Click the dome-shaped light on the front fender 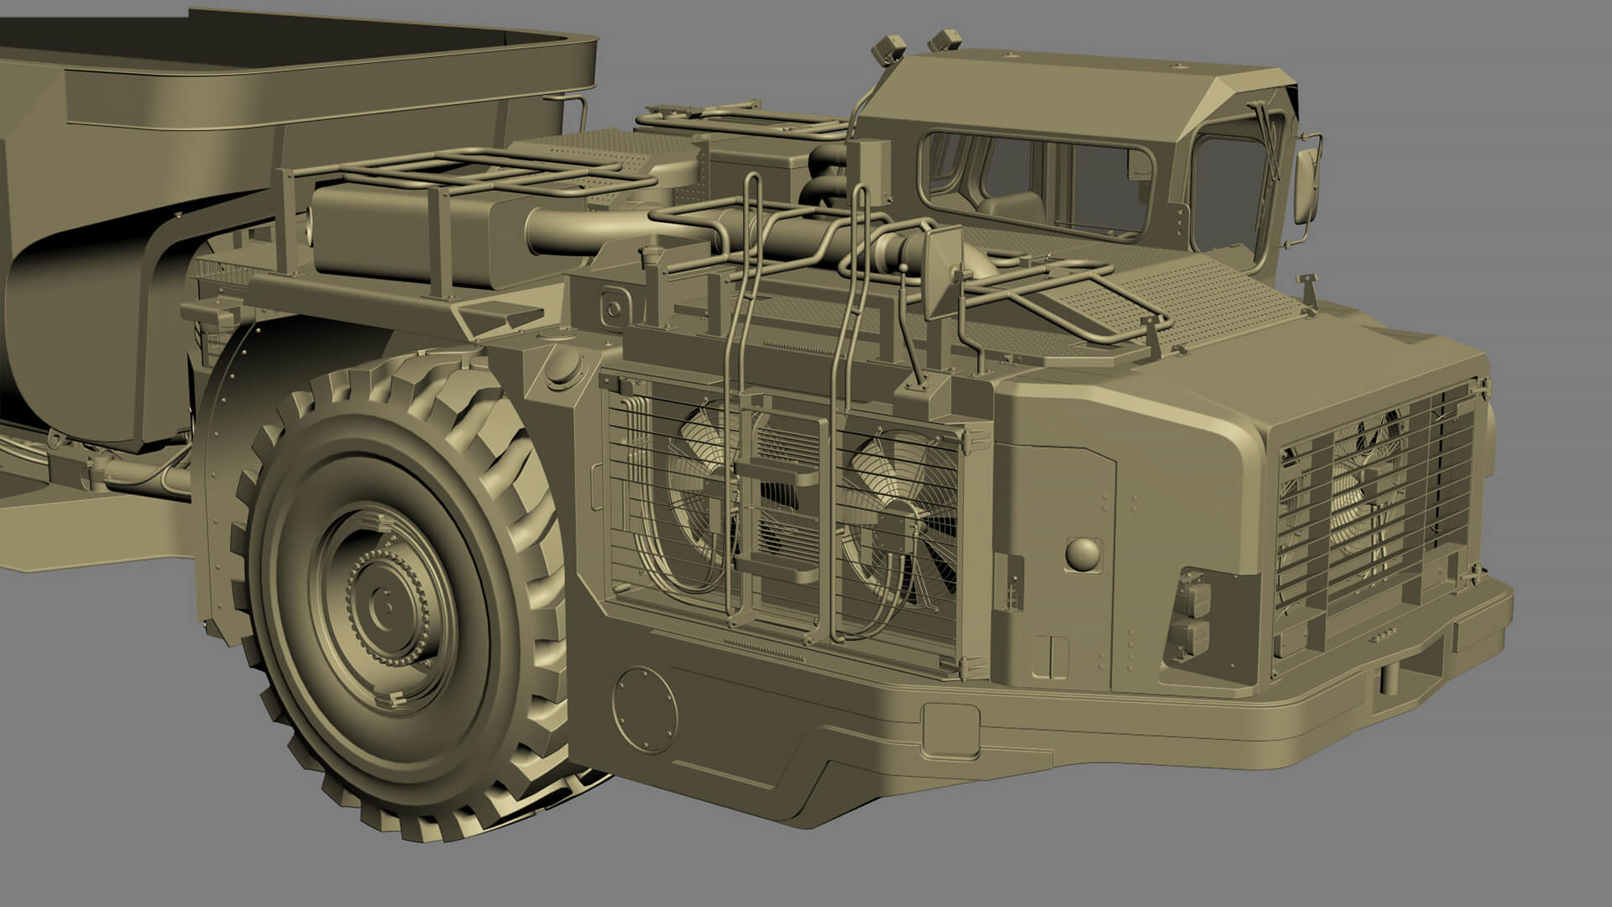coord(1081,553)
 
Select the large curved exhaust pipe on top coord(579,230)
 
